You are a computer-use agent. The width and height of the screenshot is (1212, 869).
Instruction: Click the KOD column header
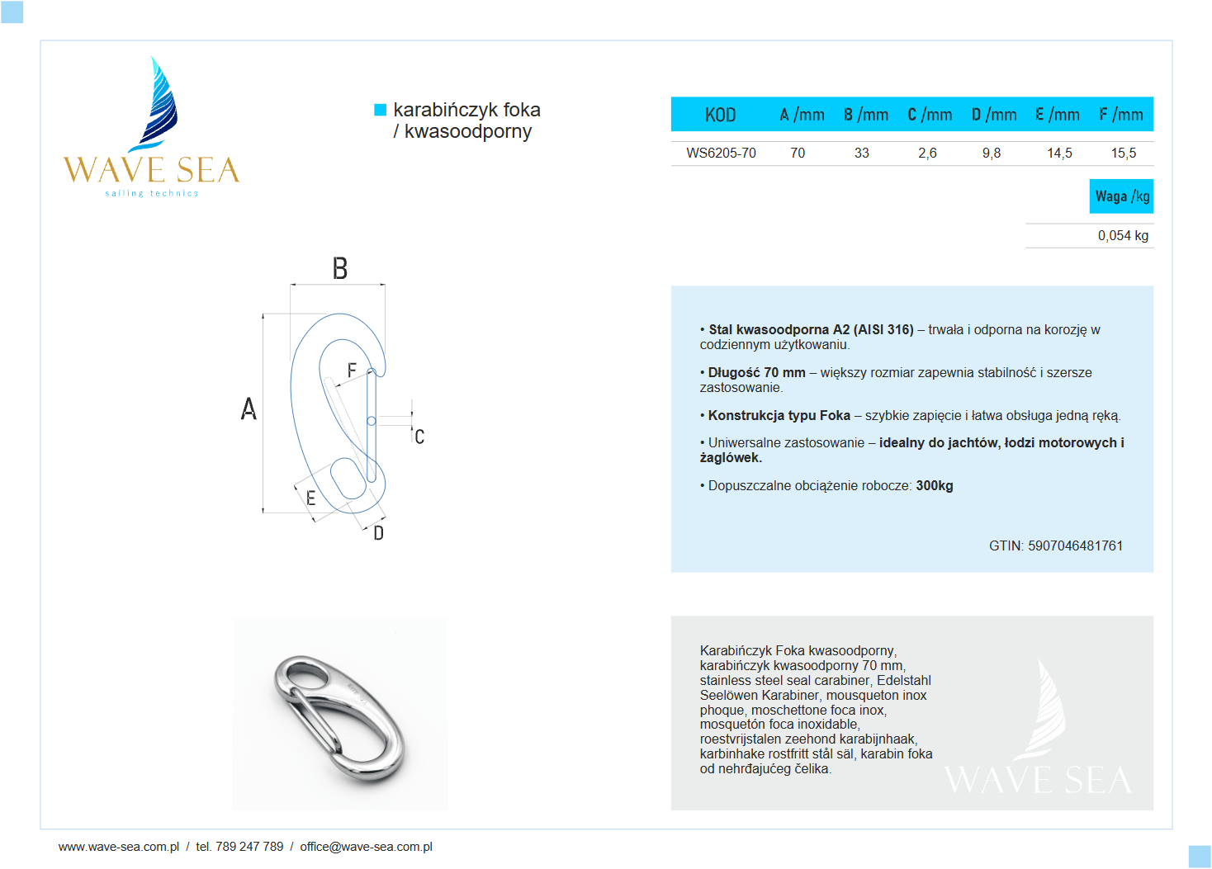(x=720, y=115)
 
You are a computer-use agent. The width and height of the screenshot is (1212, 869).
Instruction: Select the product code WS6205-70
(x=721, y=153)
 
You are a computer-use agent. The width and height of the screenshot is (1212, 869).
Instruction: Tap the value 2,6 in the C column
(x=927, y=153)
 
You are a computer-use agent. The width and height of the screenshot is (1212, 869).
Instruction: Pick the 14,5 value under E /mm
(x=1059, y=153)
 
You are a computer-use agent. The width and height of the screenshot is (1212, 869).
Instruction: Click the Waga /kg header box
(x=1121, y=196)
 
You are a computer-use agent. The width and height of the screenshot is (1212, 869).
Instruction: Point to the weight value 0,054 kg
(x=1122, y=235)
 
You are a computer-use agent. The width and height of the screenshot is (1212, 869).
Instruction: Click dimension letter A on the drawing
(x=249, y=409)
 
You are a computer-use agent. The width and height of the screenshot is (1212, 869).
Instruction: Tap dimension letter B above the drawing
(x=339, y=269)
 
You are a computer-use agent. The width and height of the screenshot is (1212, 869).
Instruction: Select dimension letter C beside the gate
(x=419, y=437)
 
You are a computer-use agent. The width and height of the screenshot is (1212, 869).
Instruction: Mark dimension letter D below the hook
(x=378, y=533)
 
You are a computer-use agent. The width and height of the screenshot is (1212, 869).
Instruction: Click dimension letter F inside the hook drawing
(x=352, y=371)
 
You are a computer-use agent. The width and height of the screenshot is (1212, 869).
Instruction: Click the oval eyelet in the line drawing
(x=348, y=479)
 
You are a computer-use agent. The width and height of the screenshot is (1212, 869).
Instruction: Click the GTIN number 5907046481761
(x=1075, y=545)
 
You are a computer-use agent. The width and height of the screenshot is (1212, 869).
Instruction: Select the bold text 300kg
(x=934, y=485)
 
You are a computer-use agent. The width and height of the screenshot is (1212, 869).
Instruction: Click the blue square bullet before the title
(x=380, y=110)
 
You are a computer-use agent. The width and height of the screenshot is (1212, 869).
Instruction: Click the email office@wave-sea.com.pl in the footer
(x=366, y=847)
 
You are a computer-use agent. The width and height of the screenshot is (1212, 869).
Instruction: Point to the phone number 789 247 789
(x=249, y=847)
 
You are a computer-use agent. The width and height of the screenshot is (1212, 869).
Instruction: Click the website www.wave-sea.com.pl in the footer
(x=118, y=847)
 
